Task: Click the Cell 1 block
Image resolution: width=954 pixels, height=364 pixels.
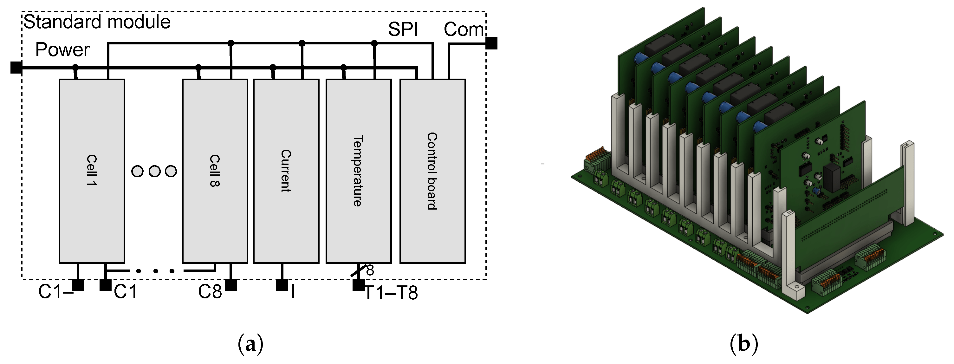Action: [x=92, y=171]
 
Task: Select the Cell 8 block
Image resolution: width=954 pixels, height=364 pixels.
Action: [x=215, y=171]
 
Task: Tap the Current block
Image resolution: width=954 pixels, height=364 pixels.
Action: [x=286, y=171]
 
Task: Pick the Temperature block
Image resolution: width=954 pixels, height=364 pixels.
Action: [x=358, y=171]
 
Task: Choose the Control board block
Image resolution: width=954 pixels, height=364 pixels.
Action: [x=432, y=171]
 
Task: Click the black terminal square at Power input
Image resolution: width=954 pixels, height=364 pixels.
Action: [x=16, y=68]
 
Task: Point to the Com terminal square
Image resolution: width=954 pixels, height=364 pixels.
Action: [x=491, y=43]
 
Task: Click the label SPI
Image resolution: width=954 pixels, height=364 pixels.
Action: [x=403, y=29]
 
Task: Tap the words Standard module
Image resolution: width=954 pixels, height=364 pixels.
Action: [x=97, y=22]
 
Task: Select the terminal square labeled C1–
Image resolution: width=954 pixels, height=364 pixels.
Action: [x=78, y=284]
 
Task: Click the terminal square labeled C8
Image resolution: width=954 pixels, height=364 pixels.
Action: [x=230, y=284]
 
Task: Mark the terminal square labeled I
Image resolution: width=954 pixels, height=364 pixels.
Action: [x=282, y=284]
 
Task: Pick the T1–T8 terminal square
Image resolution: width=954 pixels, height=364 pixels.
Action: [x=358, y=284]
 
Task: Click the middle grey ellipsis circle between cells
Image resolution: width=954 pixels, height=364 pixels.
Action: [x=154, y=172]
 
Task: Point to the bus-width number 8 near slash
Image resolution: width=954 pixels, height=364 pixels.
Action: [x=370, y=271]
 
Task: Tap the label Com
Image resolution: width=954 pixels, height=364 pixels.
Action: [x=463, y=29]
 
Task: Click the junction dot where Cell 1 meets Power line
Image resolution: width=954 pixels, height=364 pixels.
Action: [x=75, y=68]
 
